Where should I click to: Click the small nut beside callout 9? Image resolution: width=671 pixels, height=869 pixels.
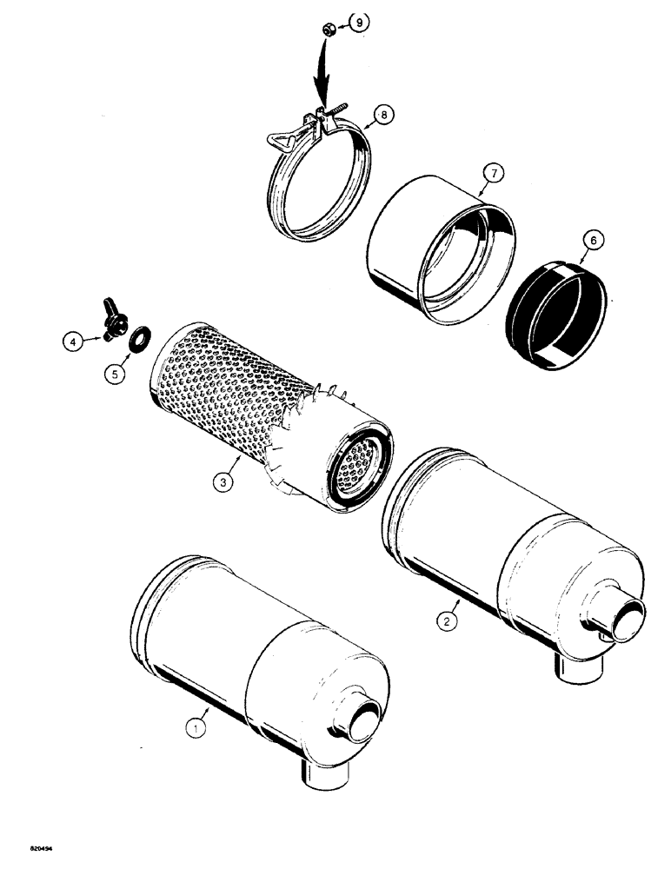point(330,31)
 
